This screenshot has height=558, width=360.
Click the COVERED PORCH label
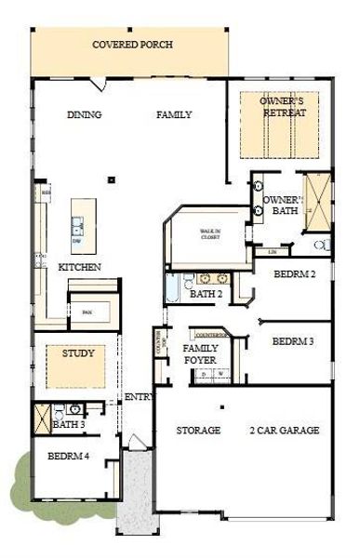point(131,45)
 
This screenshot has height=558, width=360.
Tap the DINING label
point(85,115)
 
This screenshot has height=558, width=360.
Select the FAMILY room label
point(174,115)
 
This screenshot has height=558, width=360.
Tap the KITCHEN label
point(80,267)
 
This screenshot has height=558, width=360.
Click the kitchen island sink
point(78,224)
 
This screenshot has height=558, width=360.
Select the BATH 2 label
point(207,295)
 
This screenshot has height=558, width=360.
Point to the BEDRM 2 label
point(295,274)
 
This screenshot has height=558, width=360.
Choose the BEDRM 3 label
point(293,341)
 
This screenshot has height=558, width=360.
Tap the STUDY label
point(78,354)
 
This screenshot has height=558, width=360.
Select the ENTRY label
point(138,397)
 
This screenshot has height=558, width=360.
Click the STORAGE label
point(199,431)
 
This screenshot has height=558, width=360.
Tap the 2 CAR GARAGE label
point(285,431)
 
